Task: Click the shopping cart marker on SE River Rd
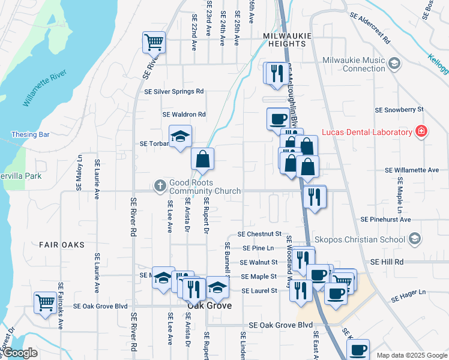(154, 43)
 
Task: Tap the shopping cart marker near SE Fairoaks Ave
(45, 302)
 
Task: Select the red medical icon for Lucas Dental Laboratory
(422, 131)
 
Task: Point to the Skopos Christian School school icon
(414, 239)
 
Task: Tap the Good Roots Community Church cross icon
(160, 185)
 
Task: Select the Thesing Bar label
(30, 135)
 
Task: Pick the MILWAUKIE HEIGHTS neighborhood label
(287, 36)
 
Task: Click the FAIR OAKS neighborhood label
(62, 245)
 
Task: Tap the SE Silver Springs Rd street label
(174, 92)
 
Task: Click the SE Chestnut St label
(259, 233)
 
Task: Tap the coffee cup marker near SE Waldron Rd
(277, 118)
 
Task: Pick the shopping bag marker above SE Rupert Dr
(203, 159)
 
